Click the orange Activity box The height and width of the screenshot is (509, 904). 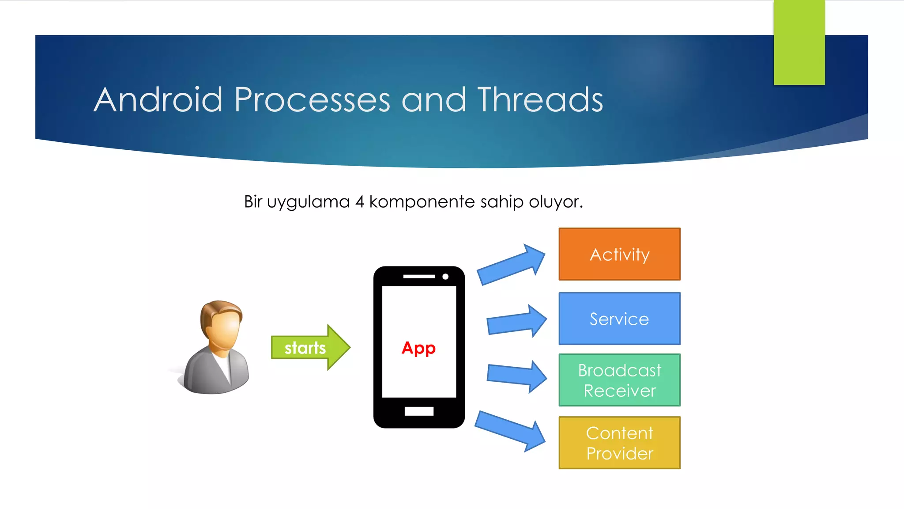click(619, 254)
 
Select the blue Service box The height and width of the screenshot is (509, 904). click(619, 319)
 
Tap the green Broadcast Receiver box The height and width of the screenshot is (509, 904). click(619, 380)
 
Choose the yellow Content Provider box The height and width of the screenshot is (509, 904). click(619, 443)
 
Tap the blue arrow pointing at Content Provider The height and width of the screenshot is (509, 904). click(510, 430)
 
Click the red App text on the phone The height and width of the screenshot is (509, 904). click(418, 348)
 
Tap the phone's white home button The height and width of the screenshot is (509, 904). click(419, 411)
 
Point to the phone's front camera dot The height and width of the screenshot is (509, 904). click(445, 277)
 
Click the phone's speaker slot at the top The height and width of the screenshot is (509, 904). click(419, 277)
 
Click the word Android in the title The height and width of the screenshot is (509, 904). click(158, 100)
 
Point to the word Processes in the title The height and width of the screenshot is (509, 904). click(312, 100)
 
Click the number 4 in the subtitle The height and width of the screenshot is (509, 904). click(360, 202)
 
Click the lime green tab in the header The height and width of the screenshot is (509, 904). click(799, 42)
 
